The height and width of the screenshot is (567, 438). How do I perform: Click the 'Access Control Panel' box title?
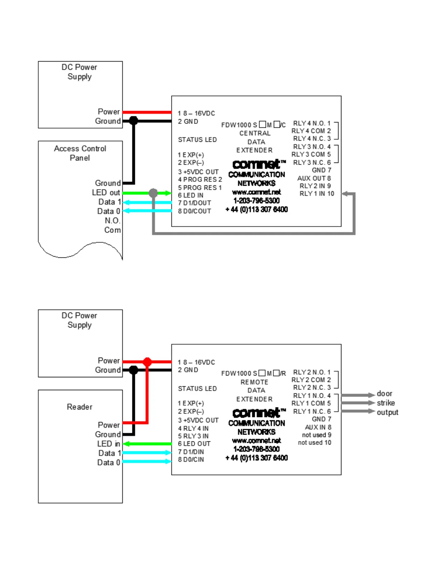80,153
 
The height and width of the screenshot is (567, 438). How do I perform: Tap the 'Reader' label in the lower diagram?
79,407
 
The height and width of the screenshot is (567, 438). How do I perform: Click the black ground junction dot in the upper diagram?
133,121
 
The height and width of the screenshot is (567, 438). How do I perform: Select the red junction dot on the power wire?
147,362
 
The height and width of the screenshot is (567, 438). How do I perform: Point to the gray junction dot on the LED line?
153,193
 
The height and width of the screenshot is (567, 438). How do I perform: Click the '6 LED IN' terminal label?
191,195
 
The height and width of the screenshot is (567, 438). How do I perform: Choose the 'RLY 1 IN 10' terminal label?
317,194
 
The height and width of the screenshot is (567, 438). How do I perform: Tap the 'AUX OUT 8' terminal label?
314,178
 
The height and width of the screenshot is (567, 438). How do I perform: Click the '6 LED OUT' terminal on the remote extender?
194,444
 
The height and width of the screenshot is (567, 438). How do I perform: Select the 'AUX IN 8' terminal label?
318,427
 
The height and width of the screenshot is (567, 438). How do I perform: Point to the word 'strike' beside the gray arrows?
386,403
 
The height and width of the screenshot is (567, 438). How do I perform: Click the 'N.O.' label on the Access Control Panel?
112,220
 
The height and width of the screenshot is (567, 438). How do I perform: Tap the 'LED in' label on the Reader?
108,444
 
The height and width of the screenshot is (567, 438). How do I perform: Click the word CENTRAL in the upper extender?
255,133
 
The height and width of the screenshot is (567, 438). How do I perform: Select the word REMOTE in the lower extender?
254,382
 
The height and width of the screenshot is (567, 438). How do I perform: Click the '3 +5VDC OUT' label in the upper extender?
198,172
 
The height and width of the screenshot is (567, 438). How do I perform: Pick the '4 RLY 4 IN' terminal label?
193,428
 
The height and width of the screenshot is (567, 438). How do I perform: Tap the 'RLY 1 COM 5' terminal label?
311,403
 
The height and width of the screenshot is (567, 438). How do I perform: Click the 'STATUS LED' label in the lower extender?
197,389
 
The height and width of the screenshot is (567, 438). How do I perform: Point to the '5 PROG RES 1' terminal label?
200,188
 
